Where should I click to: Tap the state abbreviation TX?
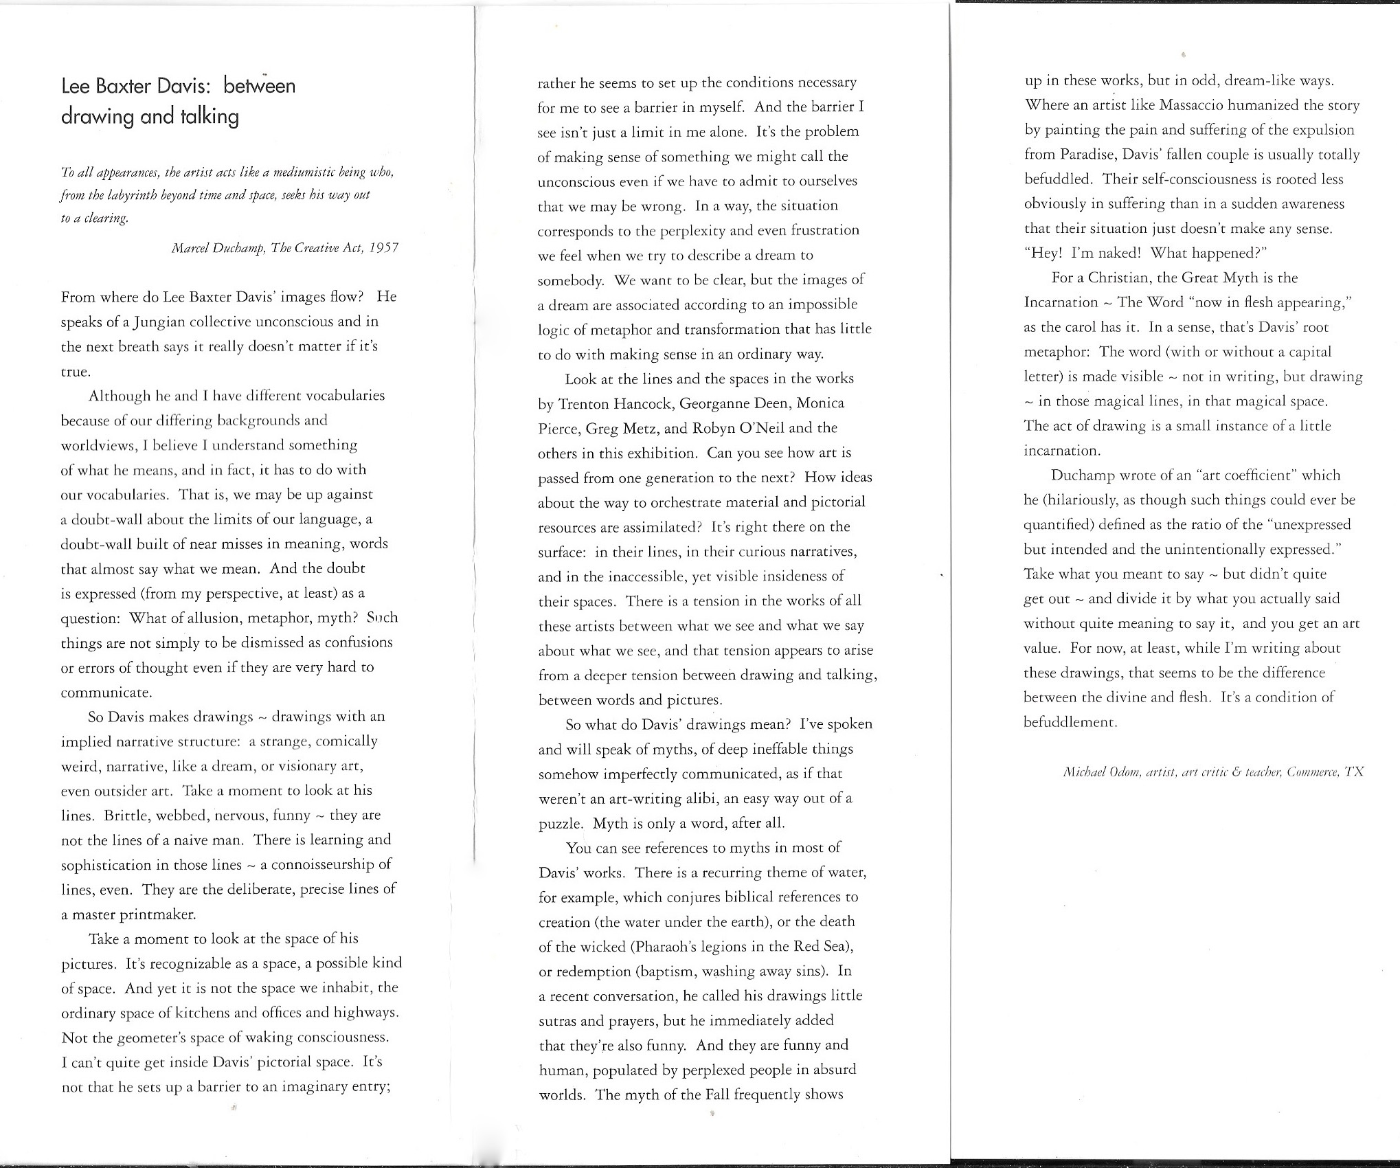point(1354,772)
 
